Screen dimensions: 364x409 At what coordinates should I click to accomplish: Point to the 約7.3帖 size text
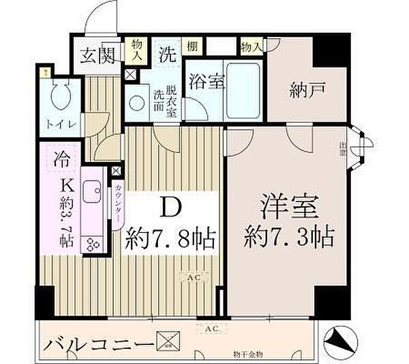pos(288,237)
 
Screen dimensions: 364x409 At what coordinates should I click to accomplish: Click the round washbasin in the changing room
pos(137,102)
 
